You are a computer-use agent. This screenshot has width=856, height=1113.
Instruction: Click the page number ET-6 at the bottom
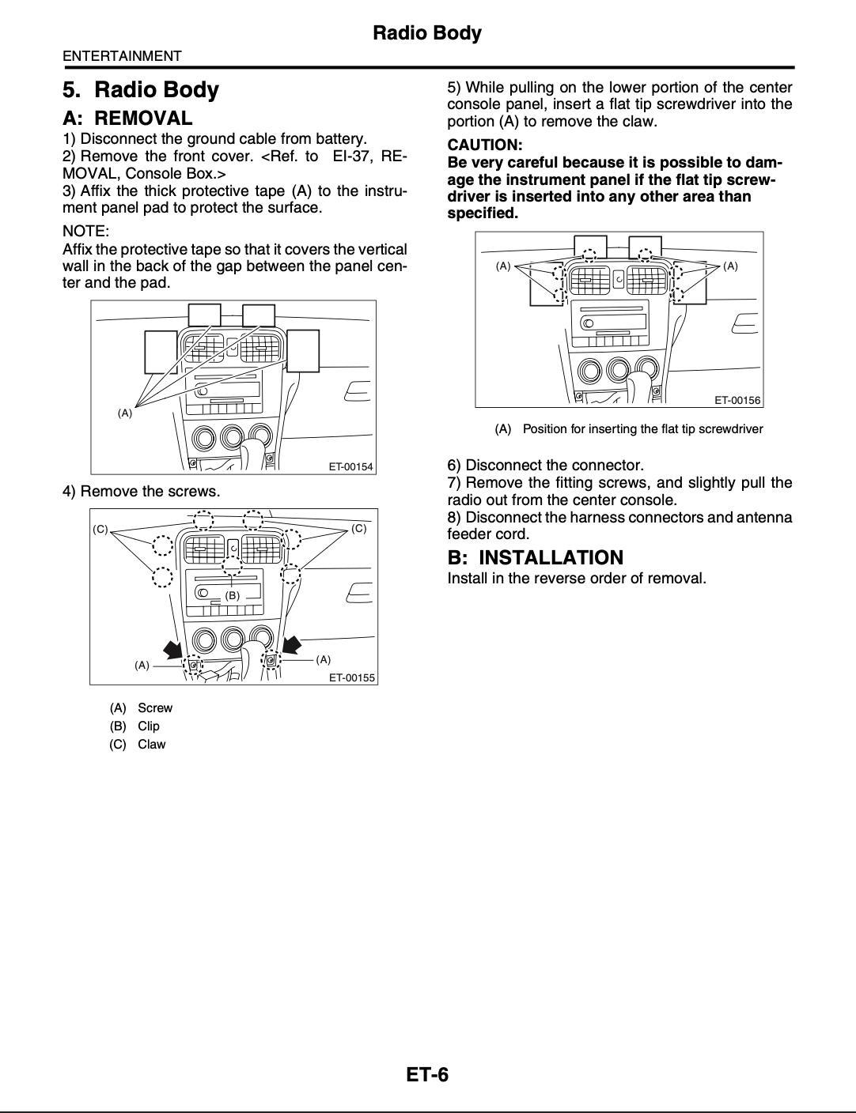[427, 1074]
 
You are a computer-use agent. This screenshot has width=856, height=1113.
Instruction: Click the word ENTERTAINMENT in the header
[122, 56]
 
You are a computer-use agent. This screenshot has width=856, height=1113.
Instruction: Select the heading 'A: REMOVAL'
[127, 119]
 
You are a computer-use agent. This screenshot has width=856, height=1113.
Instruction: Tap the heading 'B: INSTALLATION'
[535, 557]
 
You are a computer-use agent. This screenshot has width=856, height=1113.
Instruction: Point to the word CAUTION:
[485, 145]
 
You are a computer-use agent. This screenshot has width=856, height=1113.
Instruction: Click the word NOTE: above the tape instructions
[85, 231]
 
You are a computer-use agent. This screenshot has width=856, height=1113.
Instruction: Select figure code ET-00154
[350, 466]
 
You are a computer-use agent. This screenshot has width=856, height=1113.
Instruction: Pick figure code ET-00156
[737, 400]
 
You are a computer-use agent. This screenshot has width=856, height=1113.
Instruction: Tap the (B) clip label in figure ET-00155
[232, 595]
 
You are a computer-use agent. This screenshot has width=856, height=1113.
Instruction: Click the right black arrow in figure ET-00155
[292, 645]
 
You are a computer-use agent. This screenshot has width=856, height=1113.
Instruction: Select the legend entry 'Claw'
[151, 744]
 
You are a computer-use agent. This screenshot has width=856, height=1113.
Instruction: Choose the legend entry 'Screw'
[154, 707]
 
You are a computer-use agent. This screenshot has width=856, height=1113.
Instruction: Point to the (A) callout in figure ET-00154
[125, 413]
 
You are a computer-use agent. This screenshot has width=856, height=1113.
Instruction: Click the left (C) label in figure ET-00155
[100, 528]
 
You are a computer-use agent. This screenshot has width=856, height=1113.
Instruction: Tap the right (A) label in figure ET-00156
[730, 266]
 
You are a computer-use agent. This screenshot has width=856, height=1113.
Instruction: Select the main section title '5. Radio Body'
[141, 89]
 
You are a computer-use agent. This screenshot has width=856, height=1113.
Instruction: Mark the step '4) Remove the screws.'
[142, 491]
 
